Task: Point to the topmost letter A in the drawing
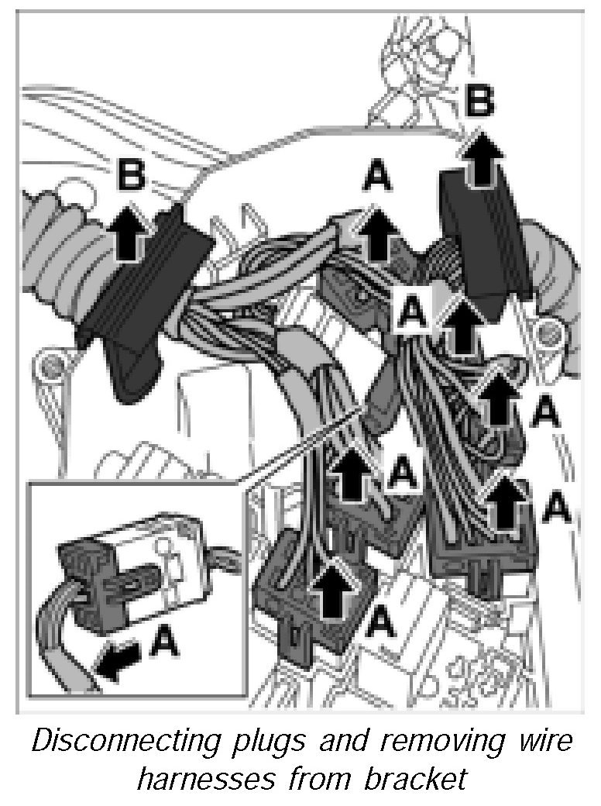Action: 377,178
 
